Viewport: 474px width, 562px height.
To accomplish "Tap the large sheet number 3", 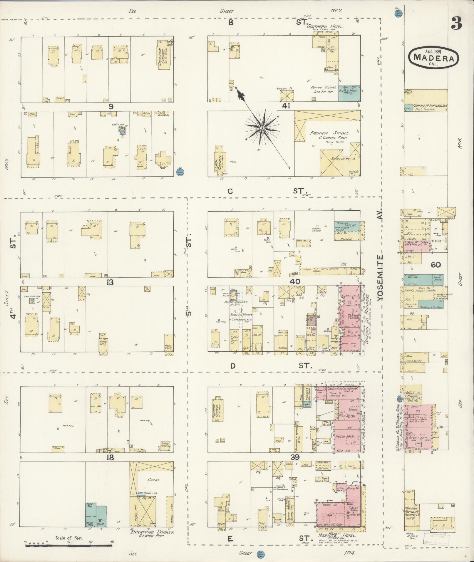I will click(x=456, y=23).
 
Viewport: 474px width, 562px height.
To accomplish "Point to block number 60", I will click(x=436, y=265).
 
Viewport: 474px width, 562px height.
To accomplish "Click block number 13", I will click(x=110, y=282).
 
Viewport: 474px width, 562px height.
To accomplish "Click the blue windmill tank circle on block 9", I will click(x=122, y=132).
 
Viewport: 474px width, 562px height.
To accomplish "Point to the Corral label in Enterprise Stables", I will click(x=154, y=480).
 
